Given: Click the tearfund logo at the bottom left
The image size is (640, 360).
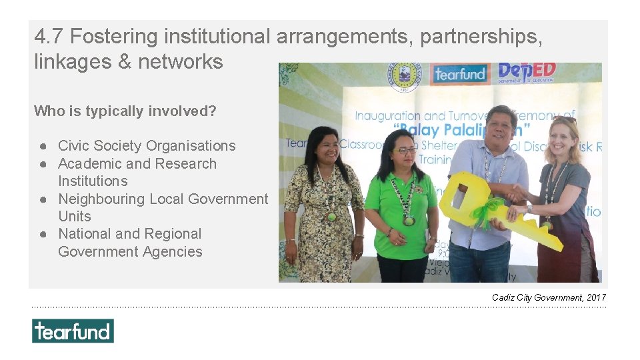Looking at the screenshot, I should pyautogui.click(x=73, y=331).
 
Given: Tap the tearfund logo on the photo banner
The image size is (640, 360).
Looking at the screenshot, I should pyautogui.click(x=459, y=74).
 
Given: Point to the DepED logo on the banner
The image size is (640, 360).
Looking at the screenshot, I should pyautogui.click(x=527, y=72).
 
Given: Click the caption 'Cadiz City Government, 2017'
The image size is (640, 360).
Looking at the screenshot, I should pyautogui.click(x=549, y=297).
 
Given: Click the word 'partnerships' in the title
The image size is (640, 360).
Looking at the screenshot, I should pyautogui.click(x=481, y=37).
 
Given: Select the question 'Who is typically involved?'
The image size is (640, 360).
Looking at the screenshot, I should pyautogui.click(x=125, y=111).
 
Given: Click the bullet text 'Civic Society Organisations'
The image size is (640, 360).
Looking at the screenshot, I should pyautogui.click(x=147, y=145).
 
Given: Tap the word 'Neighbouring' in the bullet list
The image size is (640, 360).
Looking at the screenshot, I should pyautogui.click(x=101, y=199).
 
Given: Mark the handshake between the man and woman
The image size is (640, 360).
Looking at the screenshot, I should pyautogui.click(x=516, y=194).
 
